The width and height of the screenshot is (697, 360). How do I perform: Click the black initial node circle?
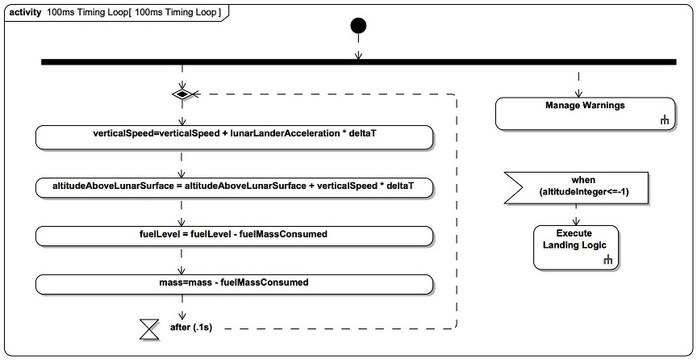pyautogui.click(x=358, y=26)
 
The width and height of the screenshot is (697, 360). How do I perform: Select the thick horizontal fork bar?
pyautogui.click(x=358, y=61)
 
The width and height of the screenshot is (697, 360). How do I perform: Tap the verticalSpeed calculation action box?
pyautogui.click(x=234, y=137)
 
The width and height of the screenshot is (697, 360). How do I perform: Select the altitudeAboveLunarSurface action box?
pyautogui.click(x=234, y=186)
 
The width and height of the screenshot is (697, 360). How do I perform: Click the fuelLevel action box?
pyautogui.click(x=234, y=235)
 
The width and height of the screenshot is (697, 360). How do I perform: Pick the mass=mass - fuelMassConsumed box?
pyautogui.click(x=234, y=283)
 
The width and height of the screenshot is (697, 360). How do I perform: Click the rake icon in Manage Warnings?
pyautogui.click(x=665, y=121)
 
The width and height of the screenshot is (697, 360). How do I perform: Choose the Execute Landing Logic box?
pyautogui.click(x=576, y=245)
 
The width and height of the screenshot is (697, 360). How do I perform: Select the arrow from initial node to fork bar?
pyautogui.click(x=358, y=48)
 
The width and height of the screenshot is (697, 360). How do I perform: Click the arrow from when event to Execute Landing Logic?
pyautogui.click(x=576, y=214)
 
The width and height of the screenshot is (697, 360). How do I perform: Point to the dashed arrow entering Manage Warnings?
pyautogui.click(x=578, y=82)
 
